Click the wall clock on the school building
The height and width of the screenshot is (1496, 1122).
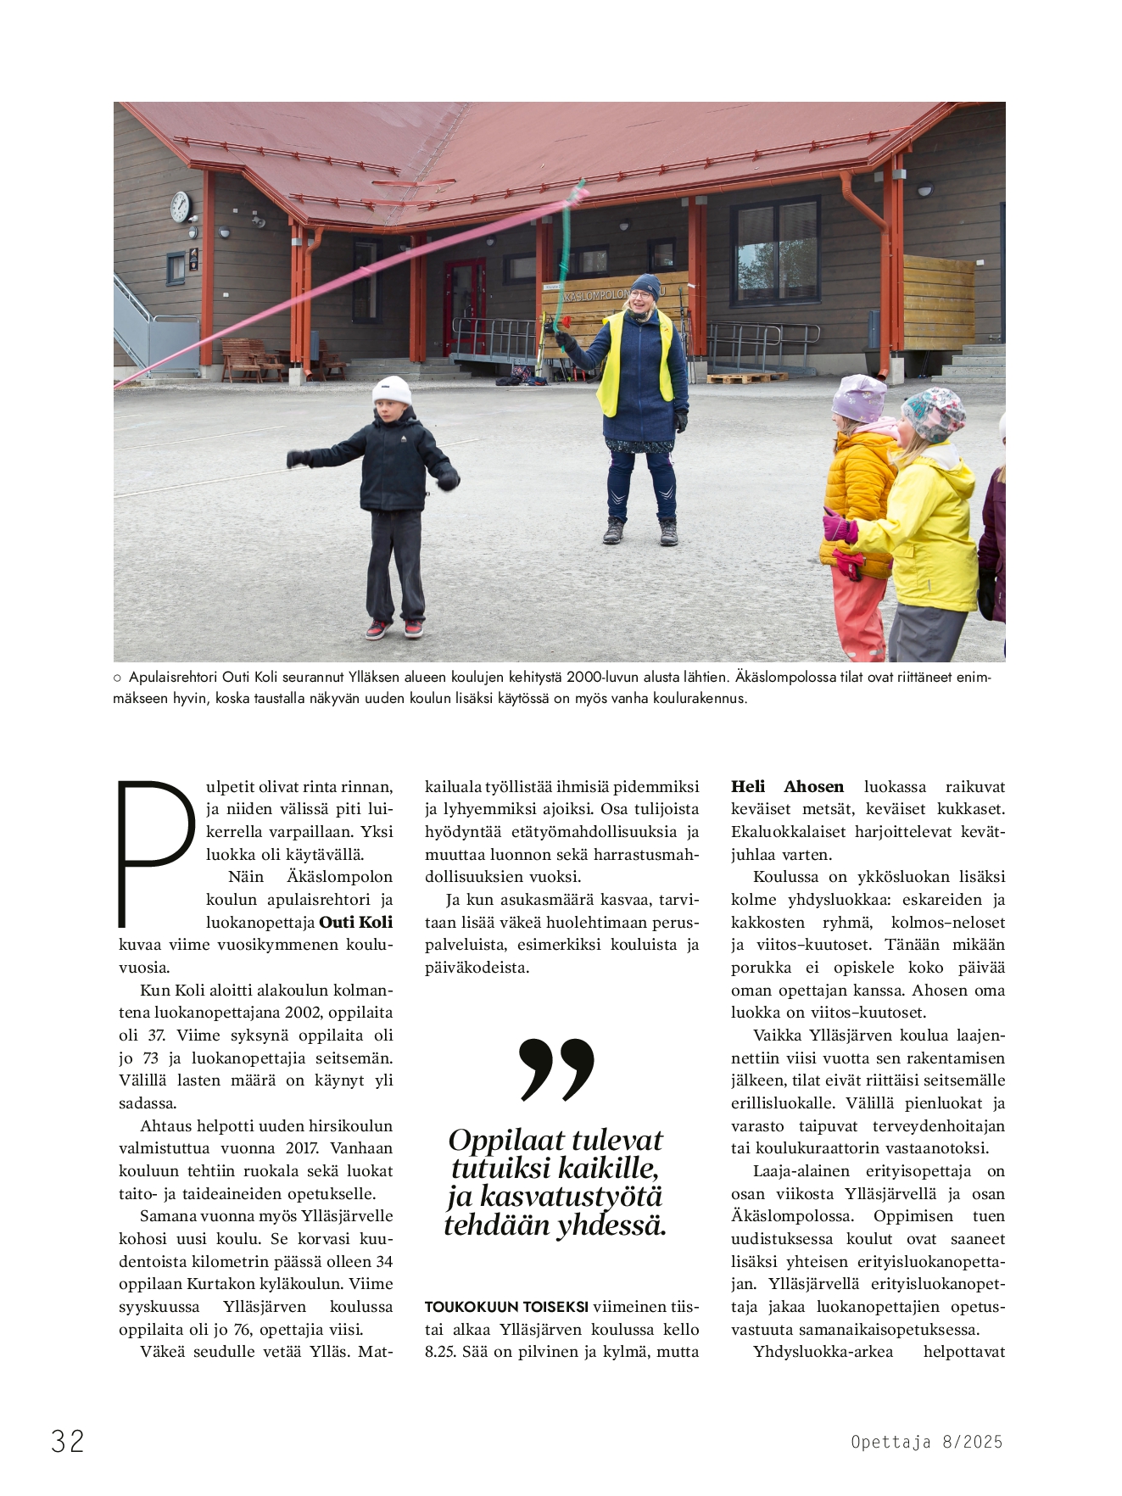pos(181,206)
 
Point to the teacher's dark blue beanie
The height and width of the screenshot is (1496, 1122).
pos(647,284)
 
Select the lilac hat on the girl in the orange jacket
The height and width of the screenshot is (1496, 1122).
pos(858,397)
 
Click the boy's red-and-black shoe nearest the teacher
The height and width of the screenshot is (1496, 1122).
pos(413,628)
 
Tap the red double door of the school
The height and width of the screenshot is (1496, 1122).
pos(465,306)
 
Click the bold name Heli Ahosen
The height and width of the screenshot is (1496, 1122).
pos(787,786)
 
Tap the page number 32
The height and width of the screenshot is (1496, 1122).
pos(68,1441)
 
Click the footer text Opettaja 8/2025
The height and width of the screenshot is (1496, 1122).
pos(926,1442)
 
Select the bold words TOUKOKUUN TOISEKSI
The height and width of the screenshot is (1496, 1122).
pos(506,1307)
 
